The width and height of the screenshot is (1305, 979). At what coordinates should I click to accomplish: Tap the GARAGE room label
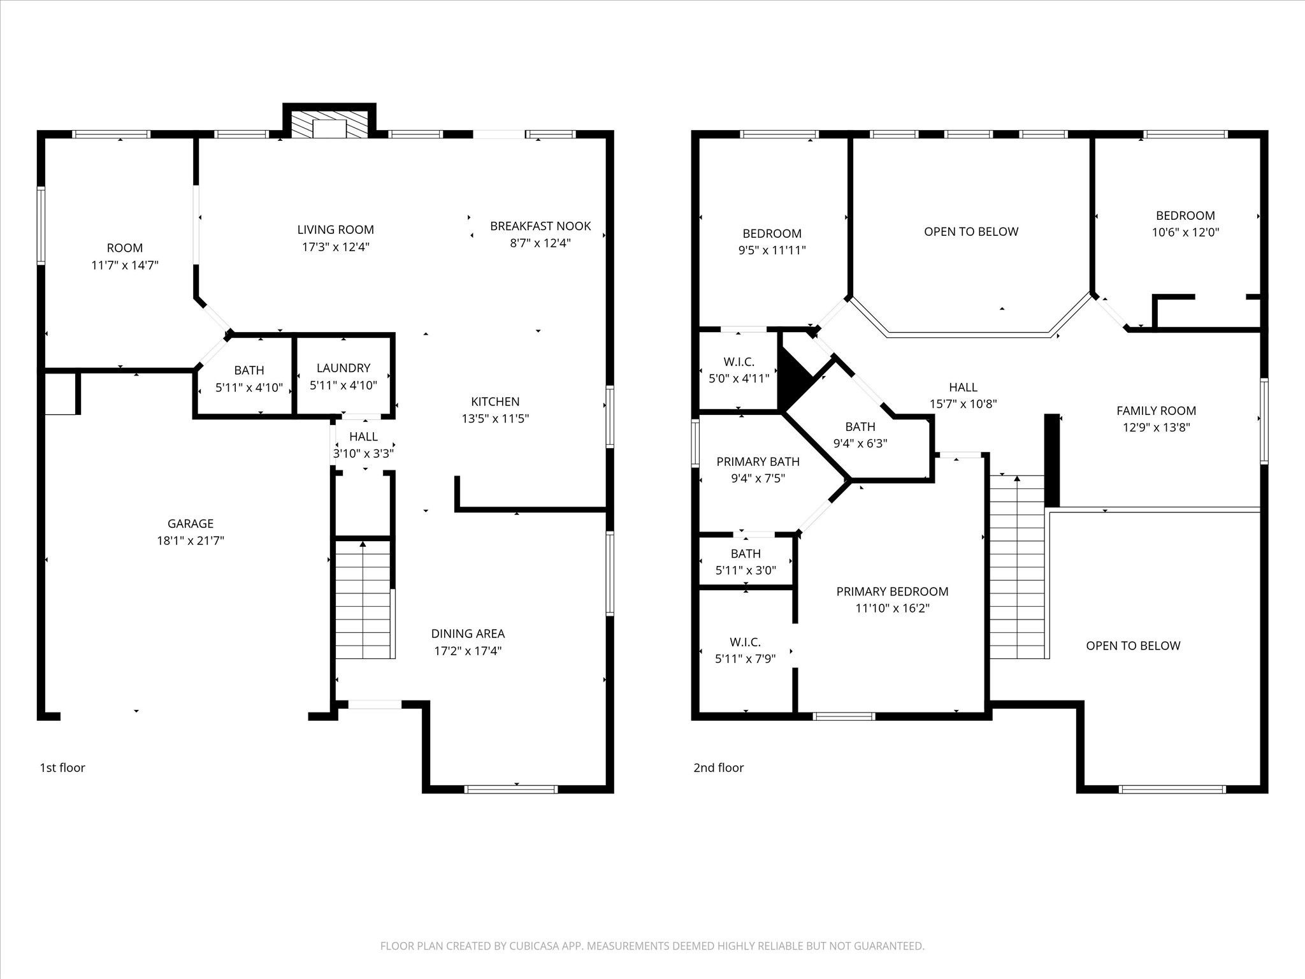tap(191, 524)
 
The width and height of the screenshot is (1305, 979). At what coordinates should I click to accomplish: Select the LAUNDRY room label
tap(343, 368)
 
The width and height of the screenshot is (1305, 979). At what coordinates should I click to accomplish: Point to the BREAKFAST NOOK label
tap(540, 226)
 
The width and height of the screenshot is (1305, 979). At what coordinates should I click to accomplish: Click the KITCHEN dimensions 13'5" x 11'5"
tap(495, 419)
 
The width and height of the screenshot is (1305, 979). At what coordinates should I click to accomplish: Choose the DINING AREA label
tap(468, 634)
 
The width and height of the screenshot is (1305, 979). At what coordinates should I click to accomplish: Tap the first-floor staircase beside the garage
tap(363, 599)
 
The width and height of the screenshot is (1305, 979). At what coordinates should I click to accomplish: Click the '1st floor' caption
tap(62, 767)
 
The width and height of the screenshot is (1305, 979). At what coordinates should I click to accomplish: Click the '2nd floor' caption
tap(718, 767)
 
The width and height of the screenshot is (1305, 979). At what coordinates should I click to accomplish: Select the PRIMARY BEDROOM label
tap(892, 591)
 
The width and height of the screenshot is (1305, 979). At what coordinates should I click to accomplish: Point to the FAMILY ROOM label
tap(1156, 411)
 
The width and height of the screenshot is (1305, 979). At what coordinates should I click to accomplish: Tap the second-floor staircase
tap(1018, 567)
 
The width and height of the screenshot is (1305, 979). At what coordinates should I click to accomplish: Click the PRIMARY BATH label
tap(758, 461)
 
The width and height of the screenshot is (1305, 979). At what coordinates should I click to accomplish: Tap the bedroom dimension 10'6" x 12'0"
tap(1185, 233)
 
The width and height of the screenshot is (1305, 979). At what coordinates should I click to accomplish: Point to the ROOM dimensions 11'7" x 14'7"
tap(125, 265)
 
